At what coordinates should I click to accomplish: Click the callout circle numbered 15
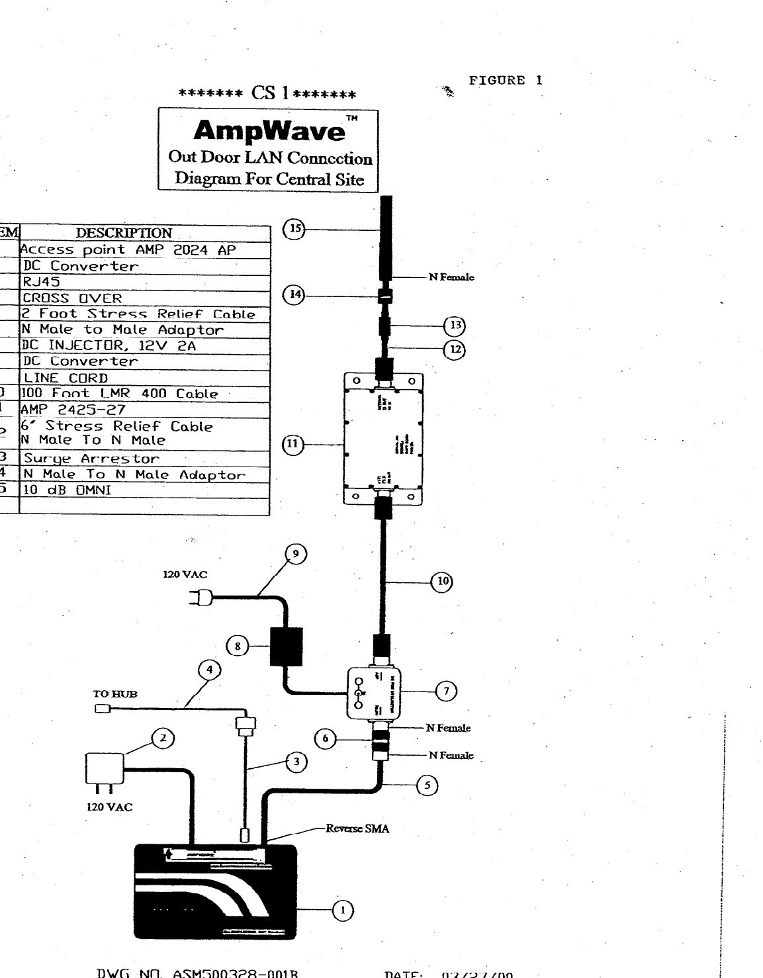(294, 230)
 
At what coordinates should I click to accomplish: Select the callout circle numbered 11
(292, 445)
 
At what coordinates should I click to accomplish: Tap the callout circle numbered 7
(446, 691)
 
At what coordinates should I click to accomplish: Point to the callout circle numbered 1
(343, 911)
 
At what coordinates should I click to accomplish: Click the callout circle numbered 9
(296, 555)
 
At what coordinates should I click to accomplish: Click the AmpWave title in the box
(269, 131)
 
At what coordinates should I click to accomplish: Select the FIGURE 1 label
(506, 81)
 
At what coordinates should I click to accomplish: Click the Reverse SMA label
(357, 828)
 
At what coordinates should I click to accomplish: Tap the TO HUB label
(114, 694)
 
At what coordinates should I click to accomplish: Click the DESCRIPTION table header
(124, 233)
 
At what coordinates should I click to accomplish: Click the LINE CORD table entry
(66, 378)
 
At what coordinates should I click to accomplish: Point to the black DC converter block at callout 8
(286, 646)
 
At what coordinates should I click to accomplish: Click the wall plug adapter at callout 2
(105, 770)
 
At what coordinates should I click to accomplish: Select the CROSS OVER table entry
(73, 298)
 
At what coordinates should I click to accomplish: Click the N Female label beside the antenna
(451, 277)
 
